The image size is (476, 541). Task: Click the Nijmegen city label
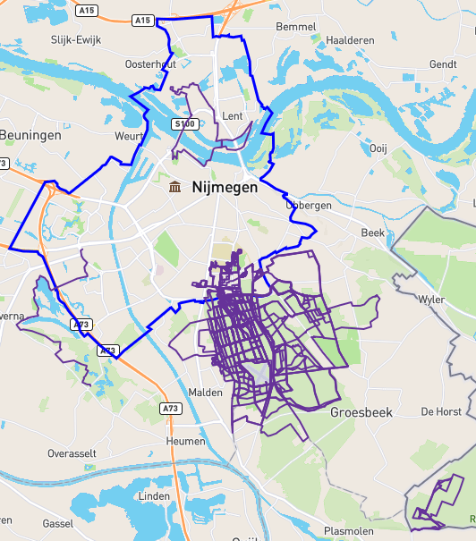click(x=225, y=189)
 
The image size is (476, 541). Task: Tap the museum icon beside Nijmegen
click(x=174, y=187)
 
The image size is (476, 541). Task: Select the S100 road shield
click(x=185, y=124)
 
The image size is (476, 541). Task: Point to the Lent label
click(x=233, y=116)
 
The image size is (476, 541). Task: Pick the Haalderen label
click(x=350, y=40)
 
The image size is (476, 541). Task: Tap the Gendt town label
click(x=443, y=64)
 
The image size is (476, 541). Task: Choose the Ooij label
click(x=378, y=148)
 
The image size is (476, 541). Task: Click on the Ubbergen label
click(x=308, y=205)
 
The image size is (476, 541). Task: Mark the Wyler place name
click(x=431, y=300)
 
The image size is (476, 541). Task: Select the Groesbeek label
click(x=361, y=413)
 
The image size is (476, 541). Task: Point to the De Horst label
click(x=441, y=412)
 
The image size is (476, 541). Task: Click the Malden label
click(x=206, y=393)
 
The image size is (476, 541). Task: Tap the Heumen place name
click(x=186, y=441)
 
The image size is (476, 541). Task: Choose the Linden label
click(x=153, y=496)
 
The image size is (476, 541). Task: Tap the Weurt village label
click(x=130, y=136)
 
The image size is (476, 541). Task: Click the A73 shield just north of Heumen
click(x=171, y=409)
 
